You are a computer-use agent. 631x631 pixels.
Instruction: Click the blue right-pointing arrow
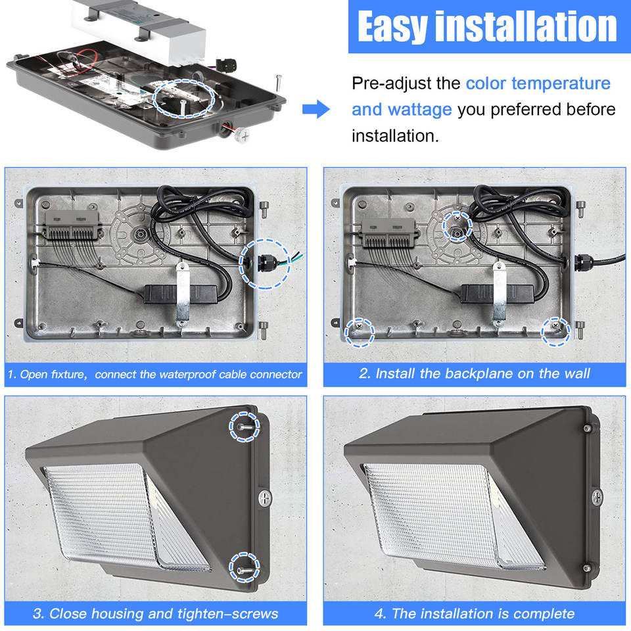[x=316, y=109]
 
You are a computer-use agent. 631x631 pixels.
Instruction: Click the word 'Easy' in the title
[x=392, y=27]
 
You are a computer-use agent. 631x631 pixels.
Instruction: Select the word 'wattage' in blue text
[x=420, y=110]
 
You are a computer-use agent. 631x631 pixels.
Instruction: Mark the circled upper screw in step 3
[x=245, y=427]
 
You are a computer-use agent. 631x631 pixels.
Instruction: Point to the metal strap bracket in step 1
[x=182, y=293]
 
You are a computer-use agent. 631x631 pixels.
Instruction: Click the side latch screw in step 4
[x=597, y=497]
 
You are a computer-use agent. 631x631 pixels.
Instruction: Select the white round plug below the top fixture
[x=243, y=135]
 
